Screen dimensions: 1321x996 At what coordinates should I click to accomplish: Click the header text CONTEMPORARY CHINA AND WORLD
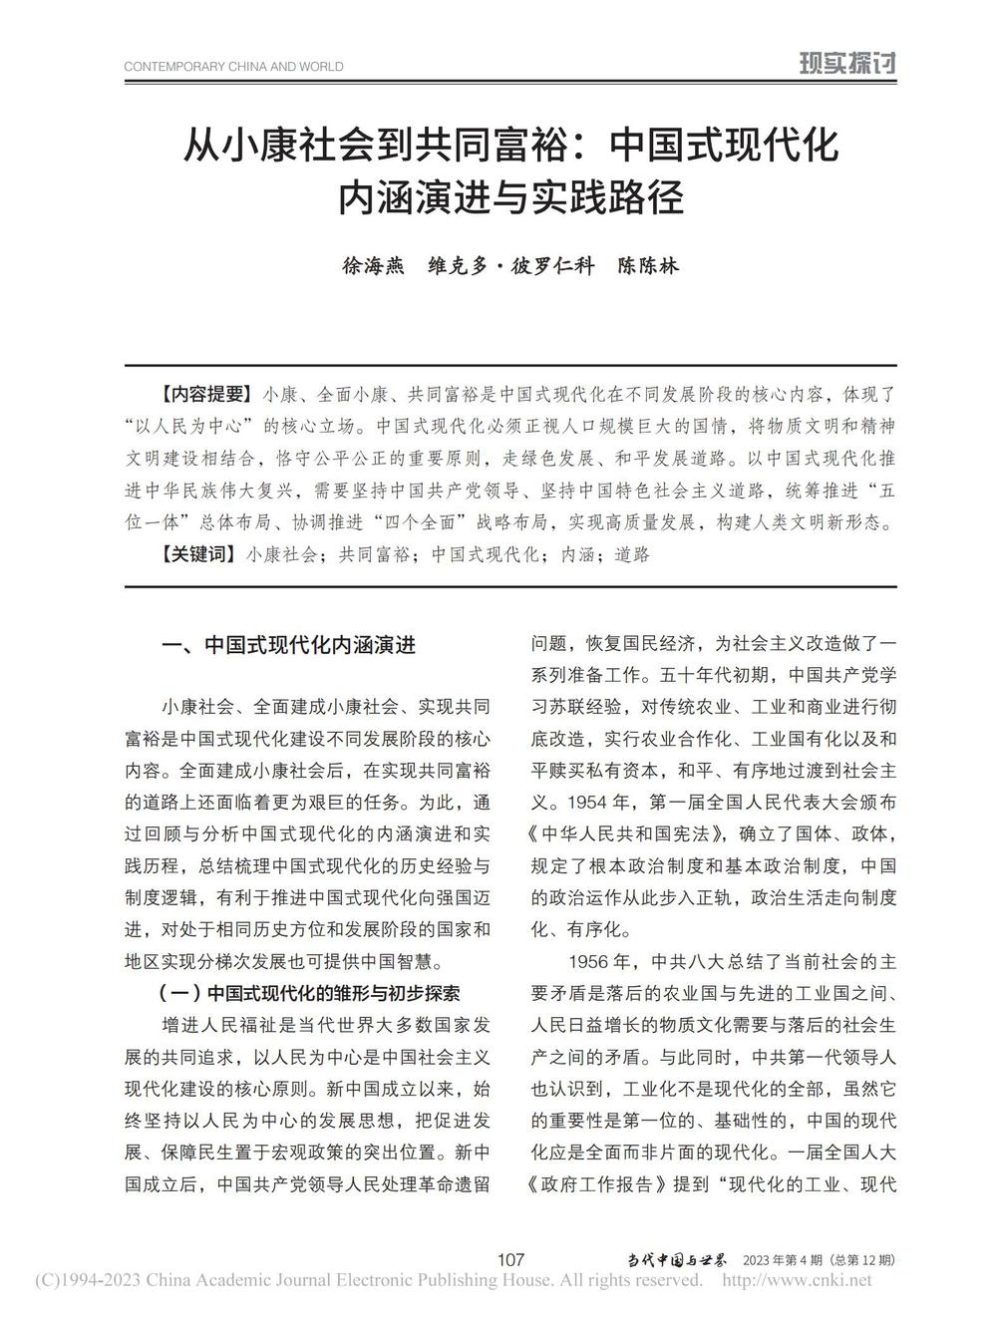point(233,67)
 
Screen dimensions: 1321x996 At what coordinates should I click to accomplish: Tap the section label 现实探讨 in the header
point(847,65)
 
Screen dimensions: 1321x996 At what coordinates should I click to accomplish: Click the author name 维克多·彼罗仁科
point(510,266)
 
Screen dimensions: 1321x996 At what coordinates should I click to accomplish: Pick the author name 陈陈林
point(648,266)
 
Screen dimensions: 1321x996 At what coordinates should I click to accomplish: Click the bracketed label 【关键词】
point(185,554)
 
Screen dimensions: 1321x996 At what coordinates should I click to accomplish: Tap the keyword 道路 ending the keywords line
point(631,554)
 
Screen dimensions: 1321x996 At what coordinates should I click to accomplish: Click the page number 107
point(509,1259)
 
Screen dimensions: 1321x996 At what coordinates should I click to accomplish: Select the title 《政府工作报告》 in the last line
point(598,1185)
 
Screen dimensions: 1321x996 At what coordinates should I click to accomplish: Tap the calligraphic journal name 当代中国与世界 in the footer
point(677,1259)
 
